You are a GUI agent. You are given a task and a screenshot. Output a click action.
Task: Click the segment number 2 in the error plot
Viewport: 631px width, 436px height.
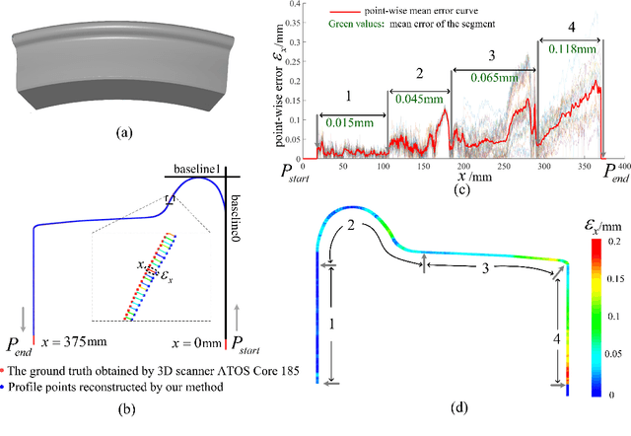tap(418, 73)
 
